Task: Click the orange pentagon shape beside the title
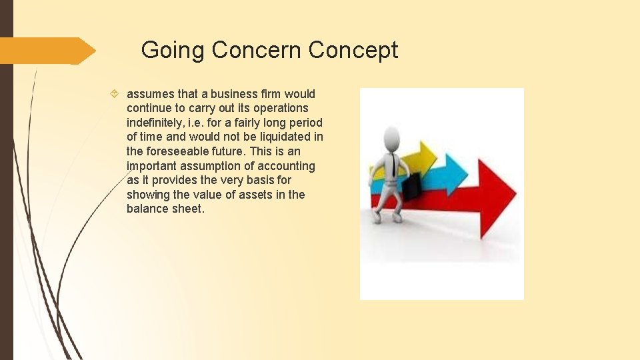click(47, 51)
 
